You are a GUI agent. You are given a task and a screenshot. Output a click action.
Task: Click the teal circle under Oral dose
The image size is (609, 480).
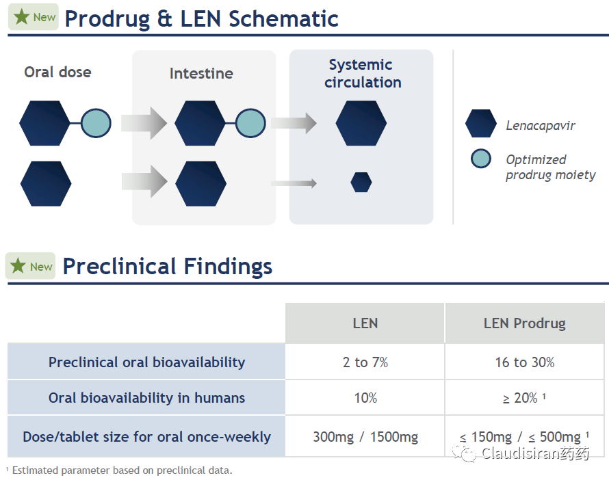(96, 123)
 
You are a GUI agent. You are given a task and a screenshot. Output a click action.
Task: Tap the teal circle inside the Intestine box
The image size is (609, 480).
(250, 123)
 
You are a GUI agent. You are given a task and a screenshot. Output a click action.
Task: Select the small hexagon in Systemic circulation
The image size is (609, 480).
(361, 183)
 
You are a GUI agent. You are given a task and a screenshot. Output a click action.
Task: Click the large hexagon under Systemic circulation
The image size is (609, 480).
(361, 123)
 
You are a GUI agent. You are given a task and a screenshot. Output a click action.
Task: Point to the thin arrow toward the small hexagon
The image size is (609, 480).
(294, 183)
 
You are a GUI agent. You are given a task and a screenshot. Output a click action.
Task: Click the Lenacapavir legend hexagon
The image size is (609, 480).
(481, 123)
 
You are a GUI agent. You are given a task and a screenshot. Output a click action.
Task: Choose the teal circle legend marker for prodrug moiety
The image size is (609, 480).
(481, 159)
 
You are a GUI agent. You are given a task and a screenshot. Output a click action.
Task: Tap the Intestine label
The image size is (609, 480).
(201, 73)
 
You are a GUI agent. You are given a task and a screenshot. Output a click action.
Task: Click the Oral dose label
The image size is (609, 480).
(58, 72)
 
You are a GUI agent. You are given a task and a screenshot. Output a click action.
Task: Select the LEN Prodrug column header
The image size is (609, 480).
(524, 323)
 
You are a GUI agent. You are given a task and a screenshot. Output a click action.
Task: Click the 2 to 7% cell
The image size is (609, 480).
(365, 362)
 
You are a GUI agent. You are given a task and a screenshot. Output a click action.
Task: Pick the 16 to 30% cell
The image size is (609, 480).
(524, 362)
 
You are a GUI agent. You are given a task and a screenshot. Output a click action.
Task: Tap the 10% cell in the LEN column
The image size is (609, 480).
(365, 398)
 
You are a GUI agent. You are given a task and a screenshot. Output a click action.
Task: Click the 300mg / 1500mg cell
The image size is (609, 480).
(365, 436)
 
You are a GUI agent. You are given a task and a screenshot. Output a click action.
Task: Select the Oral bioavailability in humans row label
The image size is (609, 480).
(146, 398)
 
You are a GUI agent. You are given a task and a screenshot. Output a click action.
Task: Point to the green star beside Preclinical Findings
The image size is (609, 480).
(18, 266)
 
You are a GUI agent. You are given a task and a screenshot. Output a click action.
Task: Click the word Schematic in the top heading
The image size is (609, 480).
(283, 18)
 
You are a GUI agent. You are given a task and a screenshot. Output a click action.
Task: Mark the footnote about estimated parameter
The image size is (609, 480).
(119, 470)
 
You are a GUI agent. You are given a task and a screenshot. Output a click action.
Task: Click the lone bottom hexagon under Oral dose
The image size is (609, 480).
(46, 183)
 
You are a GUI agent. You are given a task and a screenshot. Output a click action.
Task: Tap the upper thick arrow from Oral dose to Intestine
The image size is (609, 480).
(144, 123)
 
